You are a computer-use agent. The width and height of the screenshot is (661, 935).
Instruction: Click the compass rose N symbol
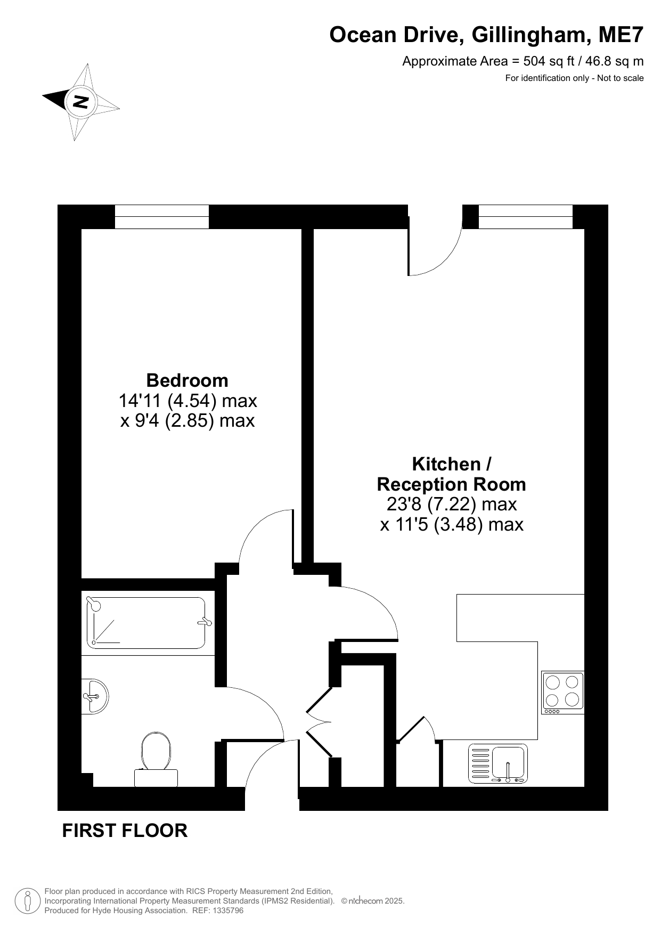coord(81,101)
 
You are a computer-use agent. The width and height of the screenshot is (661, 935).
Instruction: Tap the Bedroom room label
coord(187,380)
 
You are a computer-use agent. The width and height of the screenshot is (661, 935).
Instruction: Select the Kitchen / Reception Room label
coord(452,474)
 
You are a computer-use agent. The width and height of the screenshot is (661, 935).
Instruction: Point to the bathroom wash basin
coord(95,696)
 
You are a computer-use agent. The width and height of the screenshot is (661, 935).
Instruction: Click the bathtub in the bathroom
coord(146,623)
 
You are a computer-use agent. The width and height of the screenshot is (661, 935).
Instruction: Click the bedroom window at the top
coord(162,217)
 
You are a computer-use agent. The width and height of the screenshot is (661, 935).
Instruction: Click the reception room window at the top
coord(526,217)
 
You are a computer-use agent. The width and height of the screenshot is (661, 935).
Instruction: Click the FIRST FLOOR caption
coord(125,831)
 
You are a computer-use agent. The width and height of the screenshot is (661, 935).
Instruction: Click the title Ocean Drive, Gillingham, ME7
coord(487,35)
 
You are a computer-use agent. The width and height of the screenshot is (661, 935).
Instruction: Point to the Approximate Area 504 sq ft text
coord(523,61)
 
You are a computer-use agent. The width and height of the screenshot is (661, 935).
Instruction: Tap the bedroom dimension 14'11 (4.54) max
coord(187,400)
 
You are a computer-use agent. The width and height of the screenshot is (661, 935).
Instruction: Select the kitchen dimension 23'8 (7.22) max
coord(452,504)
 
